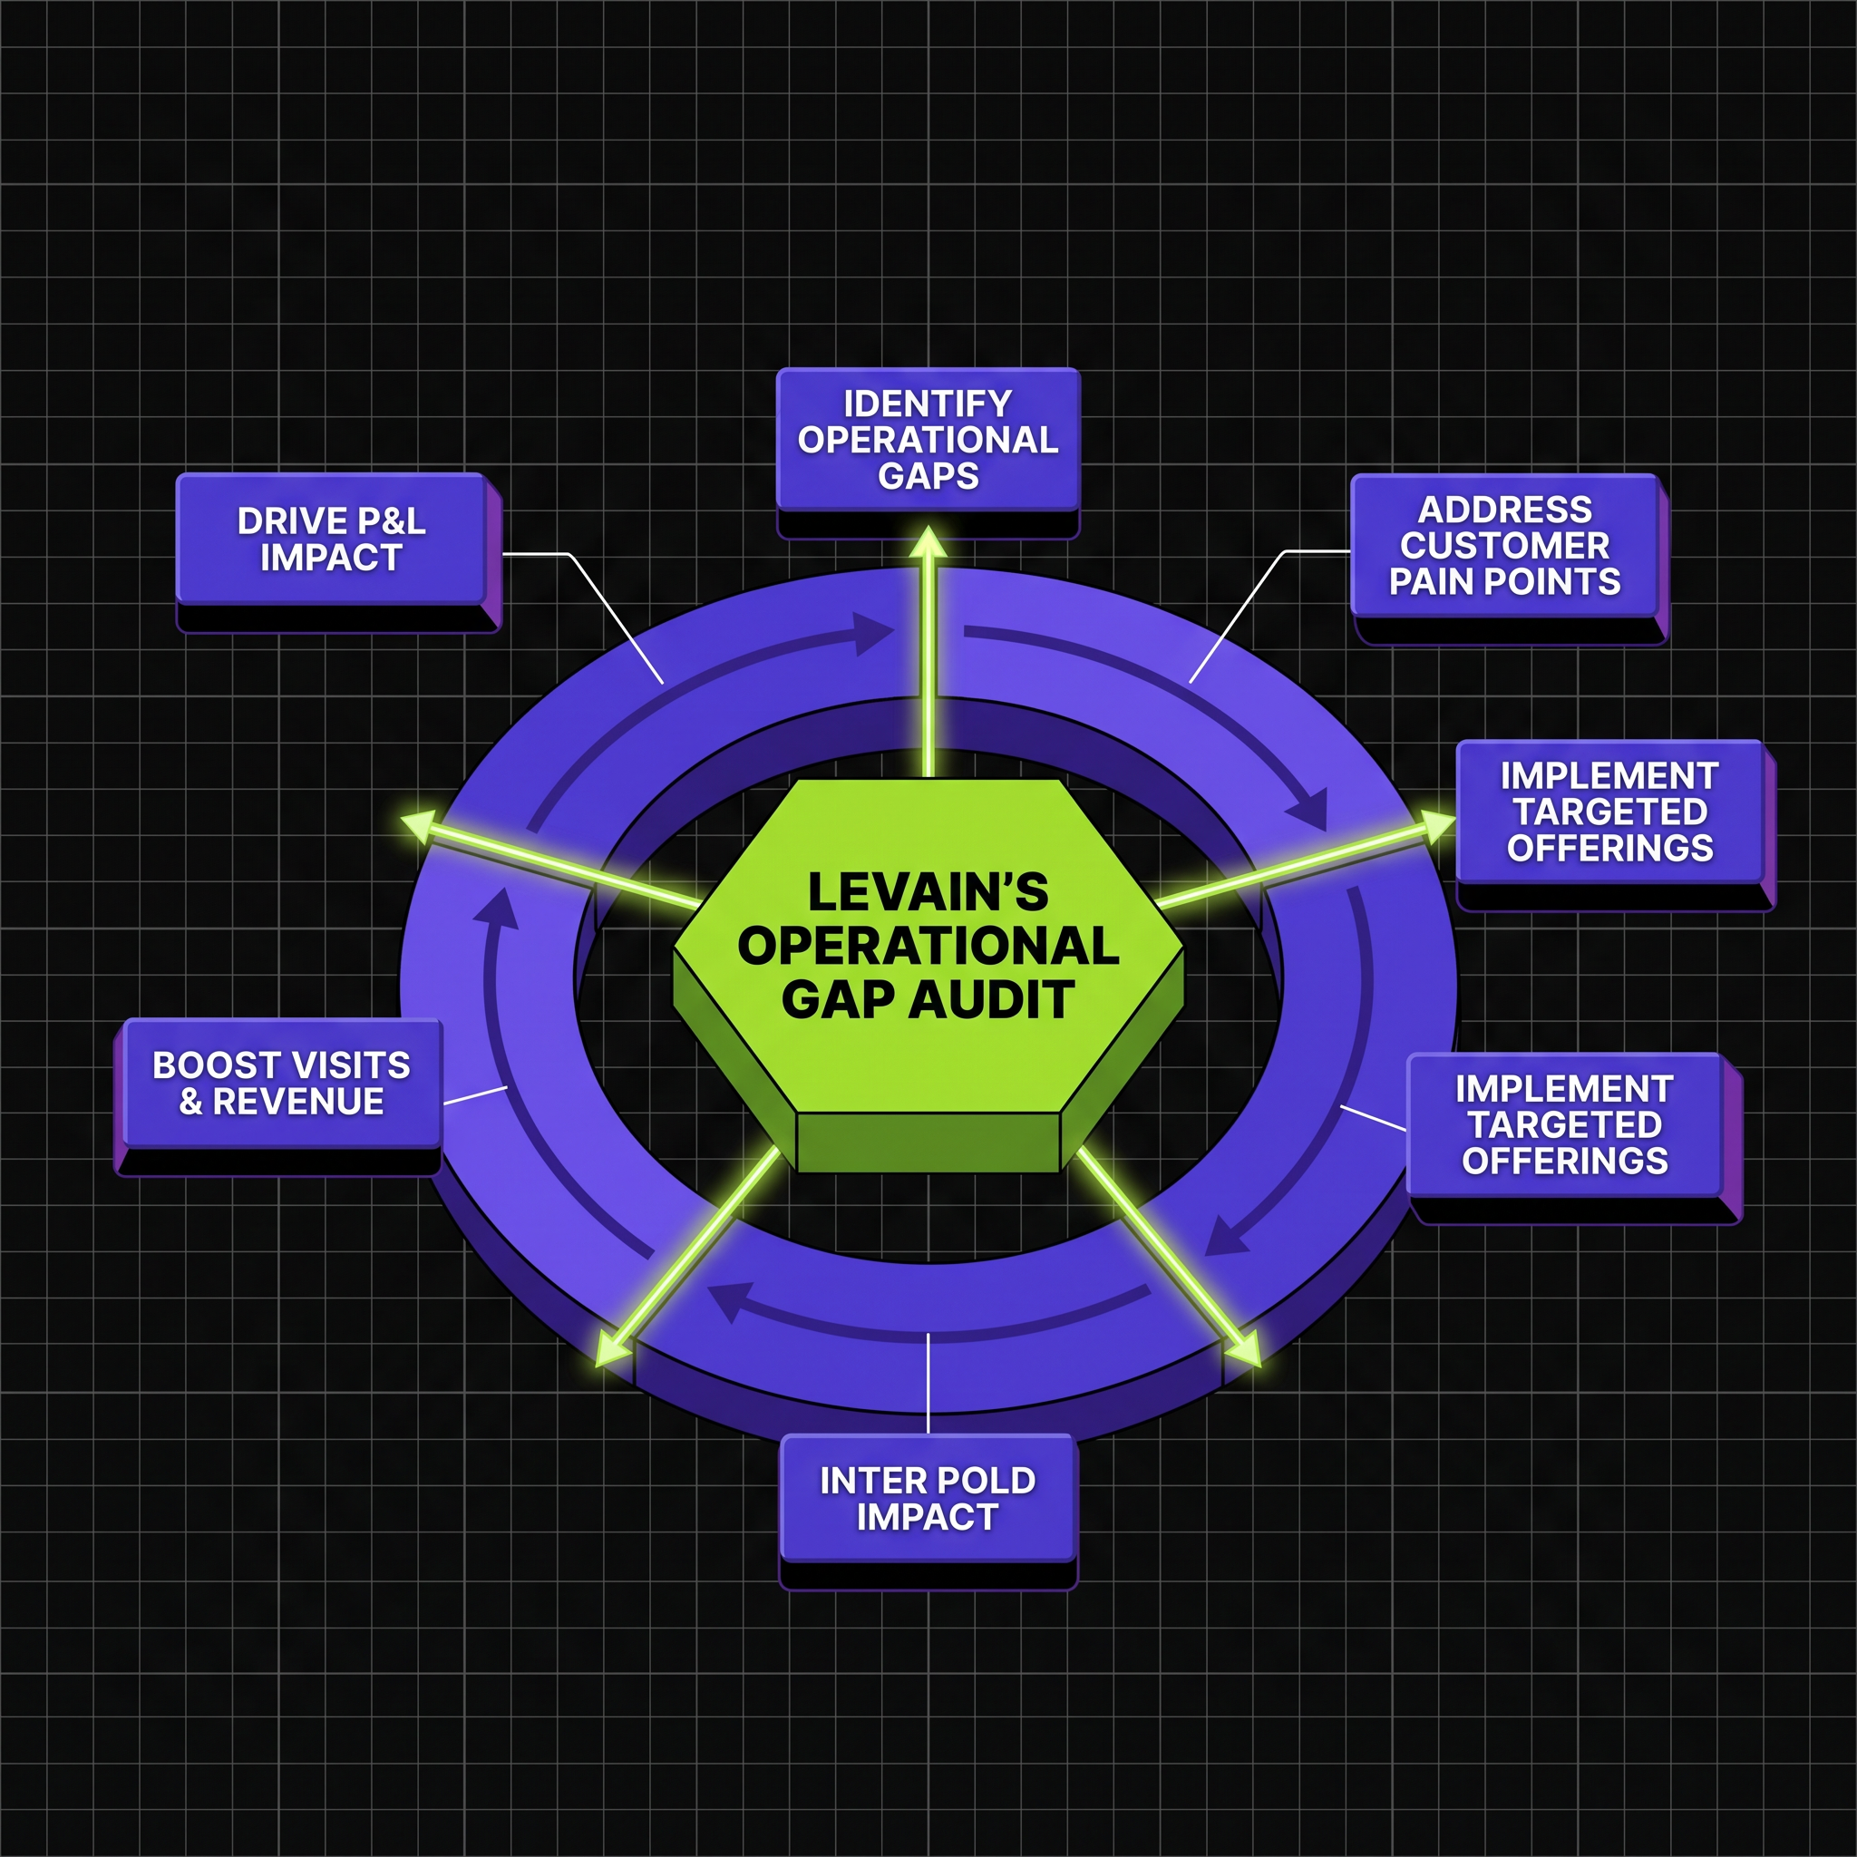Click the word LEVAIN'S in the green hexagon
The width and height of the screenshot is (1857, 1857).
coord(928,892)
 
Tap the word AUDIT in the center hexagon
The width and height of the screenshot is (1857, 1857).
coord(992,999)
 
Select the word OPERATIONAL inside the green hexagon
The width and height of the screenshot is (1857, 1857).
coord(928,946)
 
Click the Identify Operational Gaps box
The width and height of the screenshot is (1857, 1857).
coord(928,440)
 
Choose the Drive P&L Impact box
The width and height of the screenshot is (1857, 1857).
coord(331,540)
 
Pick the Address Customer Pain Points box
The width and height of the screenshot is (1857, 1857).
coord(1505,546)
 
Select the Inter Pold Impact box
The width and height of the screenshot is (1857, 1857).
coord(928,1499)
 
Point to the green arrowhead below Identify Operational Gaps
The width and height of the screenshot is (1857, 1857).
coord(928,542)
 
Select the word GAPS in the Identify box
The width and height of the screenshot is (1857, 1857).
coord(928,476)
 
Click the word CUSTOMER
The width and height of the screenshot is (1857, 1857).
coord(1504,545)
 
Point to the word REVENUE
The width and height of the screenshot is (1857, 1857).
coord(298,1101)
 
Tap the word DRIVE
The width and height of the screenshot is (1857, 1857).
coord(279,521)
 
